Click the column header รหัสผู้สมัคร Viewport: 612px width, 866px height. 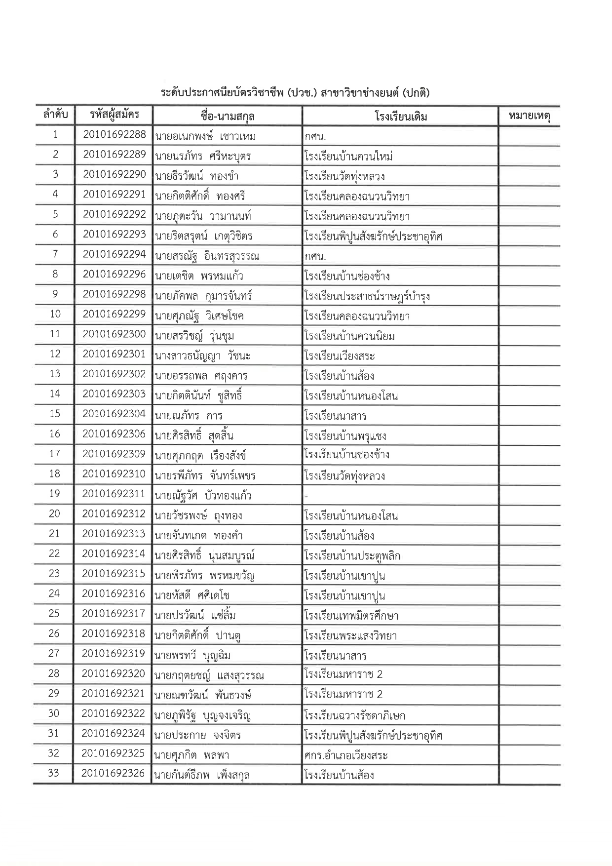(x=114, y=116)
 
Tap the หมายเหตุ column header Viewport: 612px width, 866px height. (x=529, y=117)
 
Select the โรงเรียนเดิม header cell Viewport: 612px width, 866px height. (x=400, y=117)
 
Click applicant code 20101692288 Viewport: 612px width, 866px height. (x=114, y=135)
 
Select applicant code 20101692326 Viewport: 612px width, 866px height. (x=113, y=773)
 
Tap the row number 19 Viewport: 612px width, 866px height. (x=54, y=494)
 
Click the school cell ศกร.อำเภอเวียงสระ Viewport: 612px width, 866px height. (x=346, y=755)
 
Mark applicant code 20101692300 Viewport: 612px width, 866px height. (x=114, y=334)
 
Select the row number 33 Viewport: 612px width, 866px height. (x=53, y=773)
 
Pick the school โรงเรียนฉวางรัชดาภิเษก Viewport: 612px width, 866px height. (x=355, y=715)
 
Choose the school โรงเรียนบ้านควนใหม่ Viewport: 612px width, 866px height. (x=348, y=157)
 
